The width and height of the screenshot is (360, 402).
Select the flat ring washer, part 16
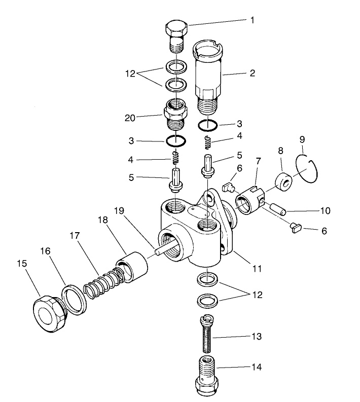point(73,299)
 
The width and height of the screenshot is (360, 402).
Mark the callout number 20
point(131,118)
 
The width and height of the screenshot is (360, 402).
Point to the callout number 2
point(252,73)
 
